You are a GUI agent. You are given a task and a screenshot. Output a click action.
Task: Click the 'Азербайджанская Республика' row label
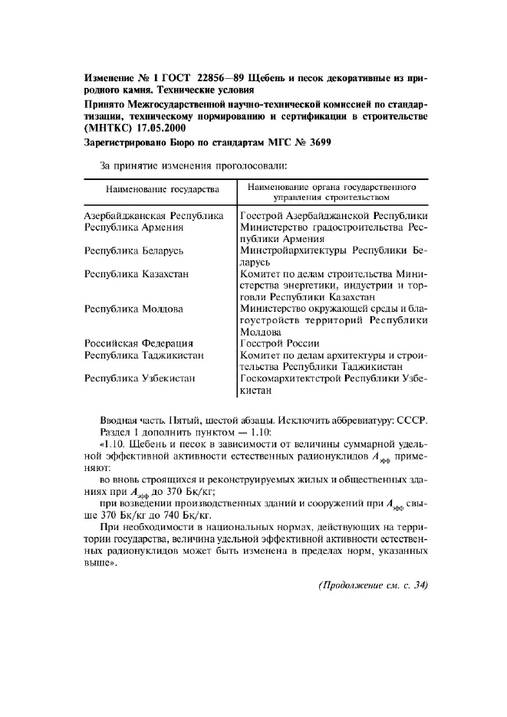(153, 216)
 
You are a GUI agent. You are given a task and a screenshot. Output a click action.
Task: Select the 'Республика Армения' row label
(133, 228)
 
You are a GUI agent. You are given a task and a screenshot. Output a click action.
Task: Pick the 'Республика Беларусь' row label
(134, 250)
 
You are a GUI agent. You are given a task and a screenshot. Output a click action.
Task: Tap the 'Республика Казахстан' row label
(137, 273)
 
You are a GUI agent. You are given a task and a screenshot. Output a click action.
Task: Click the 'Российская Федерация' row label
(138, 343)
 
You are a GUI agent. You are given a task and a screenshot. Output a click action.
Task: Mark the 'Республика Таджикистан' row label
(143, 355)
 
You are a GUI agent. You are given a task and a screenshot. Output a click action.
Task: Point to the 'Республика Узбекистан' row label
(140, 378)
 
